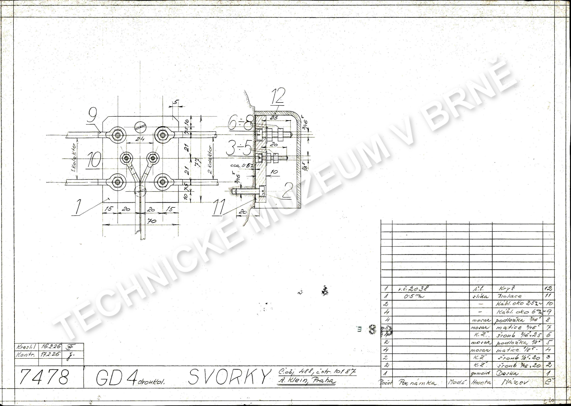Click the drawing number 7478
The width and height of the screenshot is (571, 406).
pyautogui.click(x=44, y=377)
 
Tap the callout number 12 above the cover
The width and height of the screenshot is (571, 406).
pyautogui.click(x=278, y=96)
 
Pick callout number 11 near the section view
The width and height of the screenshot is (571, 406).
pyautogui.click(x=219, y=207)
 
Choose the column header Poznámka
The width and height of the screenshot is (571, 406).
pyautogui.click(x=417, y=382)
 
